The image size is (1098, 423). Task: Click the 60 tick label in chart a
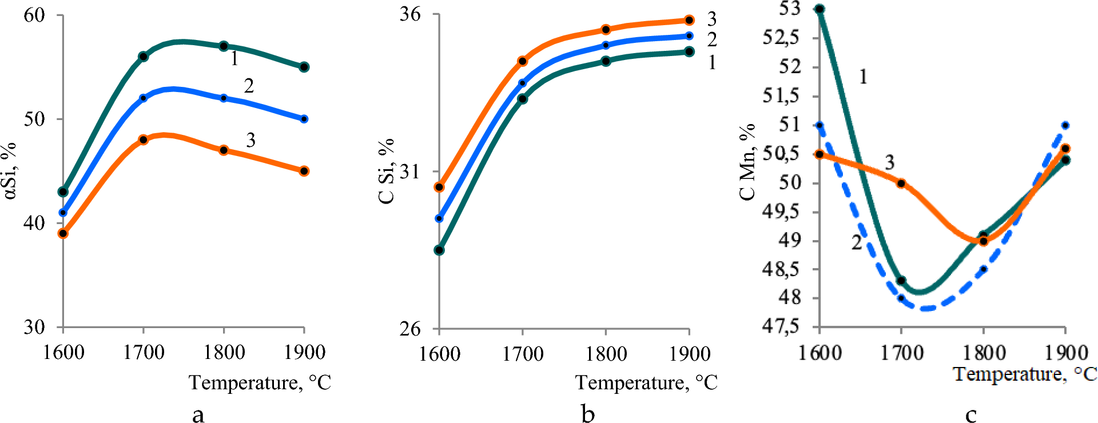click(x=34, y=15)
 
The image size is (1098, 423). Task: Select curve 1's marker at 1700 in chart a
click(x=143, y=57)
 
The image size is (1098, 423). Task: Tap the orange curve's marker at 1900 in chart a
click(x=304, y=171)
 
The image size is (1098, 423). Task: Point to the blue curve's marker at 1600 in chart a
click(x=63, y=213)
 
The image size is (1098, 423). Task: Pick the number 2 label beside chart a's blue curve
click(x=249, y=86)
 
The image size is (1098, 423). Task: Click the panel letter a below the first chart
click(x=198, y=414)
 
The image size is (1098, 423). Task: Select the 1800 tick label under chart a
click(x=224, y=352)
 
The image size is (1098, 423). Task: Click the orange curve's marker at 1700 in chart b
click(x=523, y=61)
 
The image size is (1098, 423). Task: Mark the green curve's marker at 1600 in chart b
click(x=439, y=250)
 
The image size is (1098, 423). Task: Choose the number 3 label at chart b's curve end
click(x=711, y=19)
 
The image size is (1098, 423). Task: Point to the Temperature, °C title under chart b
click(x=646, y=382)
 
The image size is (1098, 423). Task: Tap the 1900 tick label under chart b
click(x=690, y=354)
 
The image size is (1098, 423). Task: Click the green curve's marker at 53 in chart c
click(x=819, y=9)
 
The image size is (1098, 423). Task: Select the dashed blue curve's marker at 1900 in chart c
click(x=1065, y=125)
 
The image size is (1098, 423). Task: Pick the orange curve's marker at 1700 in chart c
click(x=901, y=183)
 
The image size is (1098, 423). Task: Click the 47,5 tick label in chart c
click(x=781, y=327)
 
